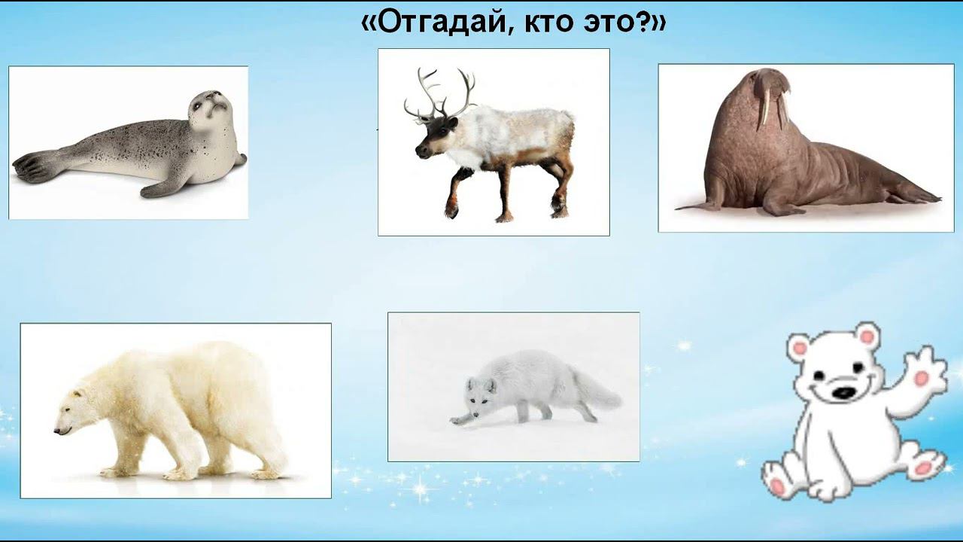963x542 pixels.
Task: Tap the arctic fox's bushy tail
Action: click(x=598, y=391)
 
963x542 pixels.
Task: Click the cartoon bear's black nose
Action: click(x=846, y=393)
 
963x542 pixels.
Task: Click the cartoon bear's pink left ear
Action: click(x=799, y=349)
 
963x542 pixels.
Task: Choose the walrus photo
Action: click(x=805, y=148)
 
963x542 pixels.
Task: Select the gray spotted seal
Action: click(x=128, y=143)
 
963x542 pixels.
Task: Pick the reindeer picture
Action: click(x=494, y=142)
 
